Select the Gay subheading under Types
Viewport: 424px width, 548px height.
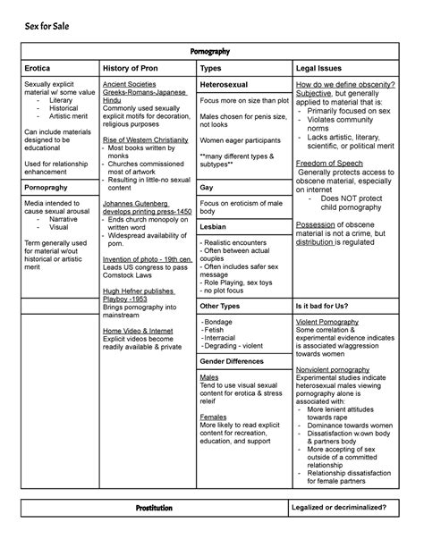coord(207,189)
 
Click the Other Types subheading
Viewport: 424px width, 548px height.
coord(220,306)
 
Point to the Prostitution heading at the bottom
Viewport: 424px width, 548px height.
coord(148,508)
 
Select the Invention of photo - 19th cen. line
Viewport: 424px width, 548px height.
coord(146,258)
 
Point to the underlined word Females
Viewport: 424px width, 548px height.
coord(214,417)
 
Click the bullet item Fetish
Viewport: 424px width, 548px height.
coord(216,331)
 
